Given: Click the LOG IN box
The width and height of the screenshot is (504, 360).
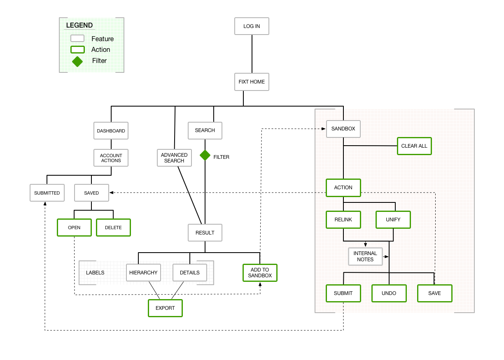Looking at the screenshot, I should click(x=252, y=26).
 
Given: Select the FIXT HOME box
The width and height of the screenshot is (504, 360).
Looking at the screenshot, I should click(x=252, y=82).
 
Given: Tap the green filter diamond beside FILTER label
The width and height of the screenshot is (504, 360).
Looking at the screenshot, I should click(x=205, y=155).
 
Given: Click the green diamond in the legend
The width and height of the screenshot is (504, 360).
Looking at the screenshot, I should click(x=77, y=61).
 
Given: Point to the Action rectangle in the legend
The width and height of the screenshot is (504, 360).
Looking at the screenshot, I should click(x=77, y=50).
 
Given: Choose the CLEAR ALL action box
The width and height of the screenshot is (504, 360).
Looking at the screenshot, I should click(x=414, y=146).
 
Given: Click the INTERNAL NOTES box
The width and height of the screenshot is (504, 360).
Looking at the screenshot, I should click(x=365, y=256).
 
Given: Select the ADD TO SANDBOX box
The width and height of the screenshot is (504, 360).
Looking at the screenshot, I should click(x=260, y=273).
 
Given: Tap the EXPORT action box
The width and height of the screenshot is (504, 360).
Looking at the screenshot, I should click(x=165, y=308).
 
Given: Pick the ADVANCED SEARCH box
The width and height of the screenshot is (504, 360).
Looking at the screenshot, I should click(x=174, y=158).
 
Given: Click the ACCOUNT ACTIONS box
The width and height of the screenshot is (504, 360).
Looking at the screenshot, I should click(x=111, y=158).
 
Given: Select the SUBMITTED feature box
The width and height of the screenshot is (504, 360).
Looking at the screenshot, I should click(x=47, y=193).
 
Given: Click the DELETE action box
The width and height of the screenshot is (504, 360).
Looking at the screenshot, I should click(x=113, y=228).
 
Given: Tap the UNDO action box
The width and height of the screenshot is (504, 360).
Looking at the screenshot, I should click(x=389, y=293).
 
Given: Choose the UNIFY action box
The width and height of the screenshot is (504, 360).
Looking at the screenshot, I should click(x=393, y=220).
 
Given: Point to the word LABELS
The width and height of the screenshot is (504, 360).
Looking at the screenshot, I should click(x=95, y=273).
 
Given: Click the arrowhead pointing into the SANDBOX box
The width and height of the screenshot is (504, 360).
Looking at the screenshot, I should click(x=324, y=129).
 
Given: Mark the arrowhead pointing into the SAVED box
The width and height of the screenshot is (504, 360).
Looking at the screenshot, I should click(x=112, y=193).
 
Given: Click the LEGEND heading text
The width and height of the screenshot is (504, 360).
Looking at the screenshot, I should click(x=79, y=26).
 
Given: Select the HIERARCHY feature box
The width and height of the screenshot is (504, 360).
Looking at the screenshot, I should click(x=143, y=273).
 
